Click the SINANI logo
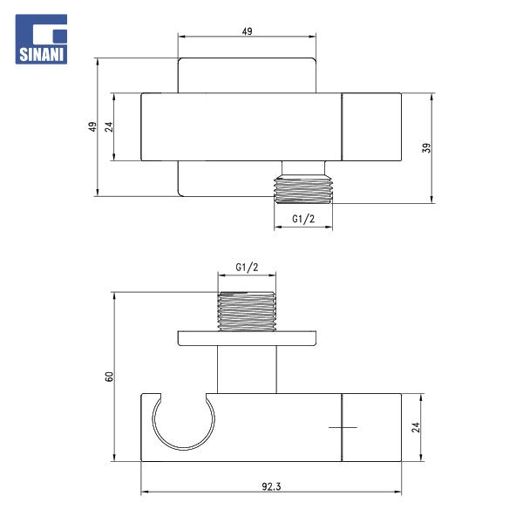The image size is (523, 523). [41, 39]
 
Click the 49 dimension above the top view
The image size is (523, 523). [247, 31]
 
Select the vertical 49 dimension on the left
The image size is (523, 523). [92, 126]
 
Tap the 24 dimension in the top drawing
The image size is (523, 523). [109, 126]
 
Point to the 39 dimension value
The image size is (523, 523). [426, 148]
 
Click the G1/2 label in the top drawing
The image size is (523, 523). [303, 219]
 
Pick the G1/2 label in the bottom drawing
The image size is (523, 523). [247, 268]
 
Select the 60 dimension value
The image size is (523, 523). [109, 377]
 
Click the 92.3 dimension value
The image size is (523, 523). [271, 486]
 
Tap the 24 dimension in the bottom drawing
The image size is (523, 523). [416, 427]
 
